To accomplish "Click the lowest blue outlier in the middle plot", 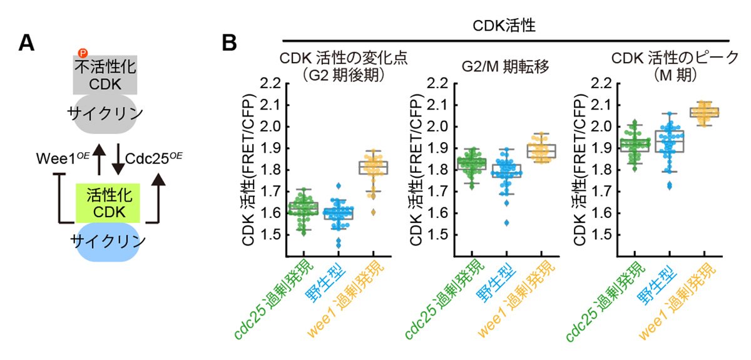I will pos(506,222).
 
